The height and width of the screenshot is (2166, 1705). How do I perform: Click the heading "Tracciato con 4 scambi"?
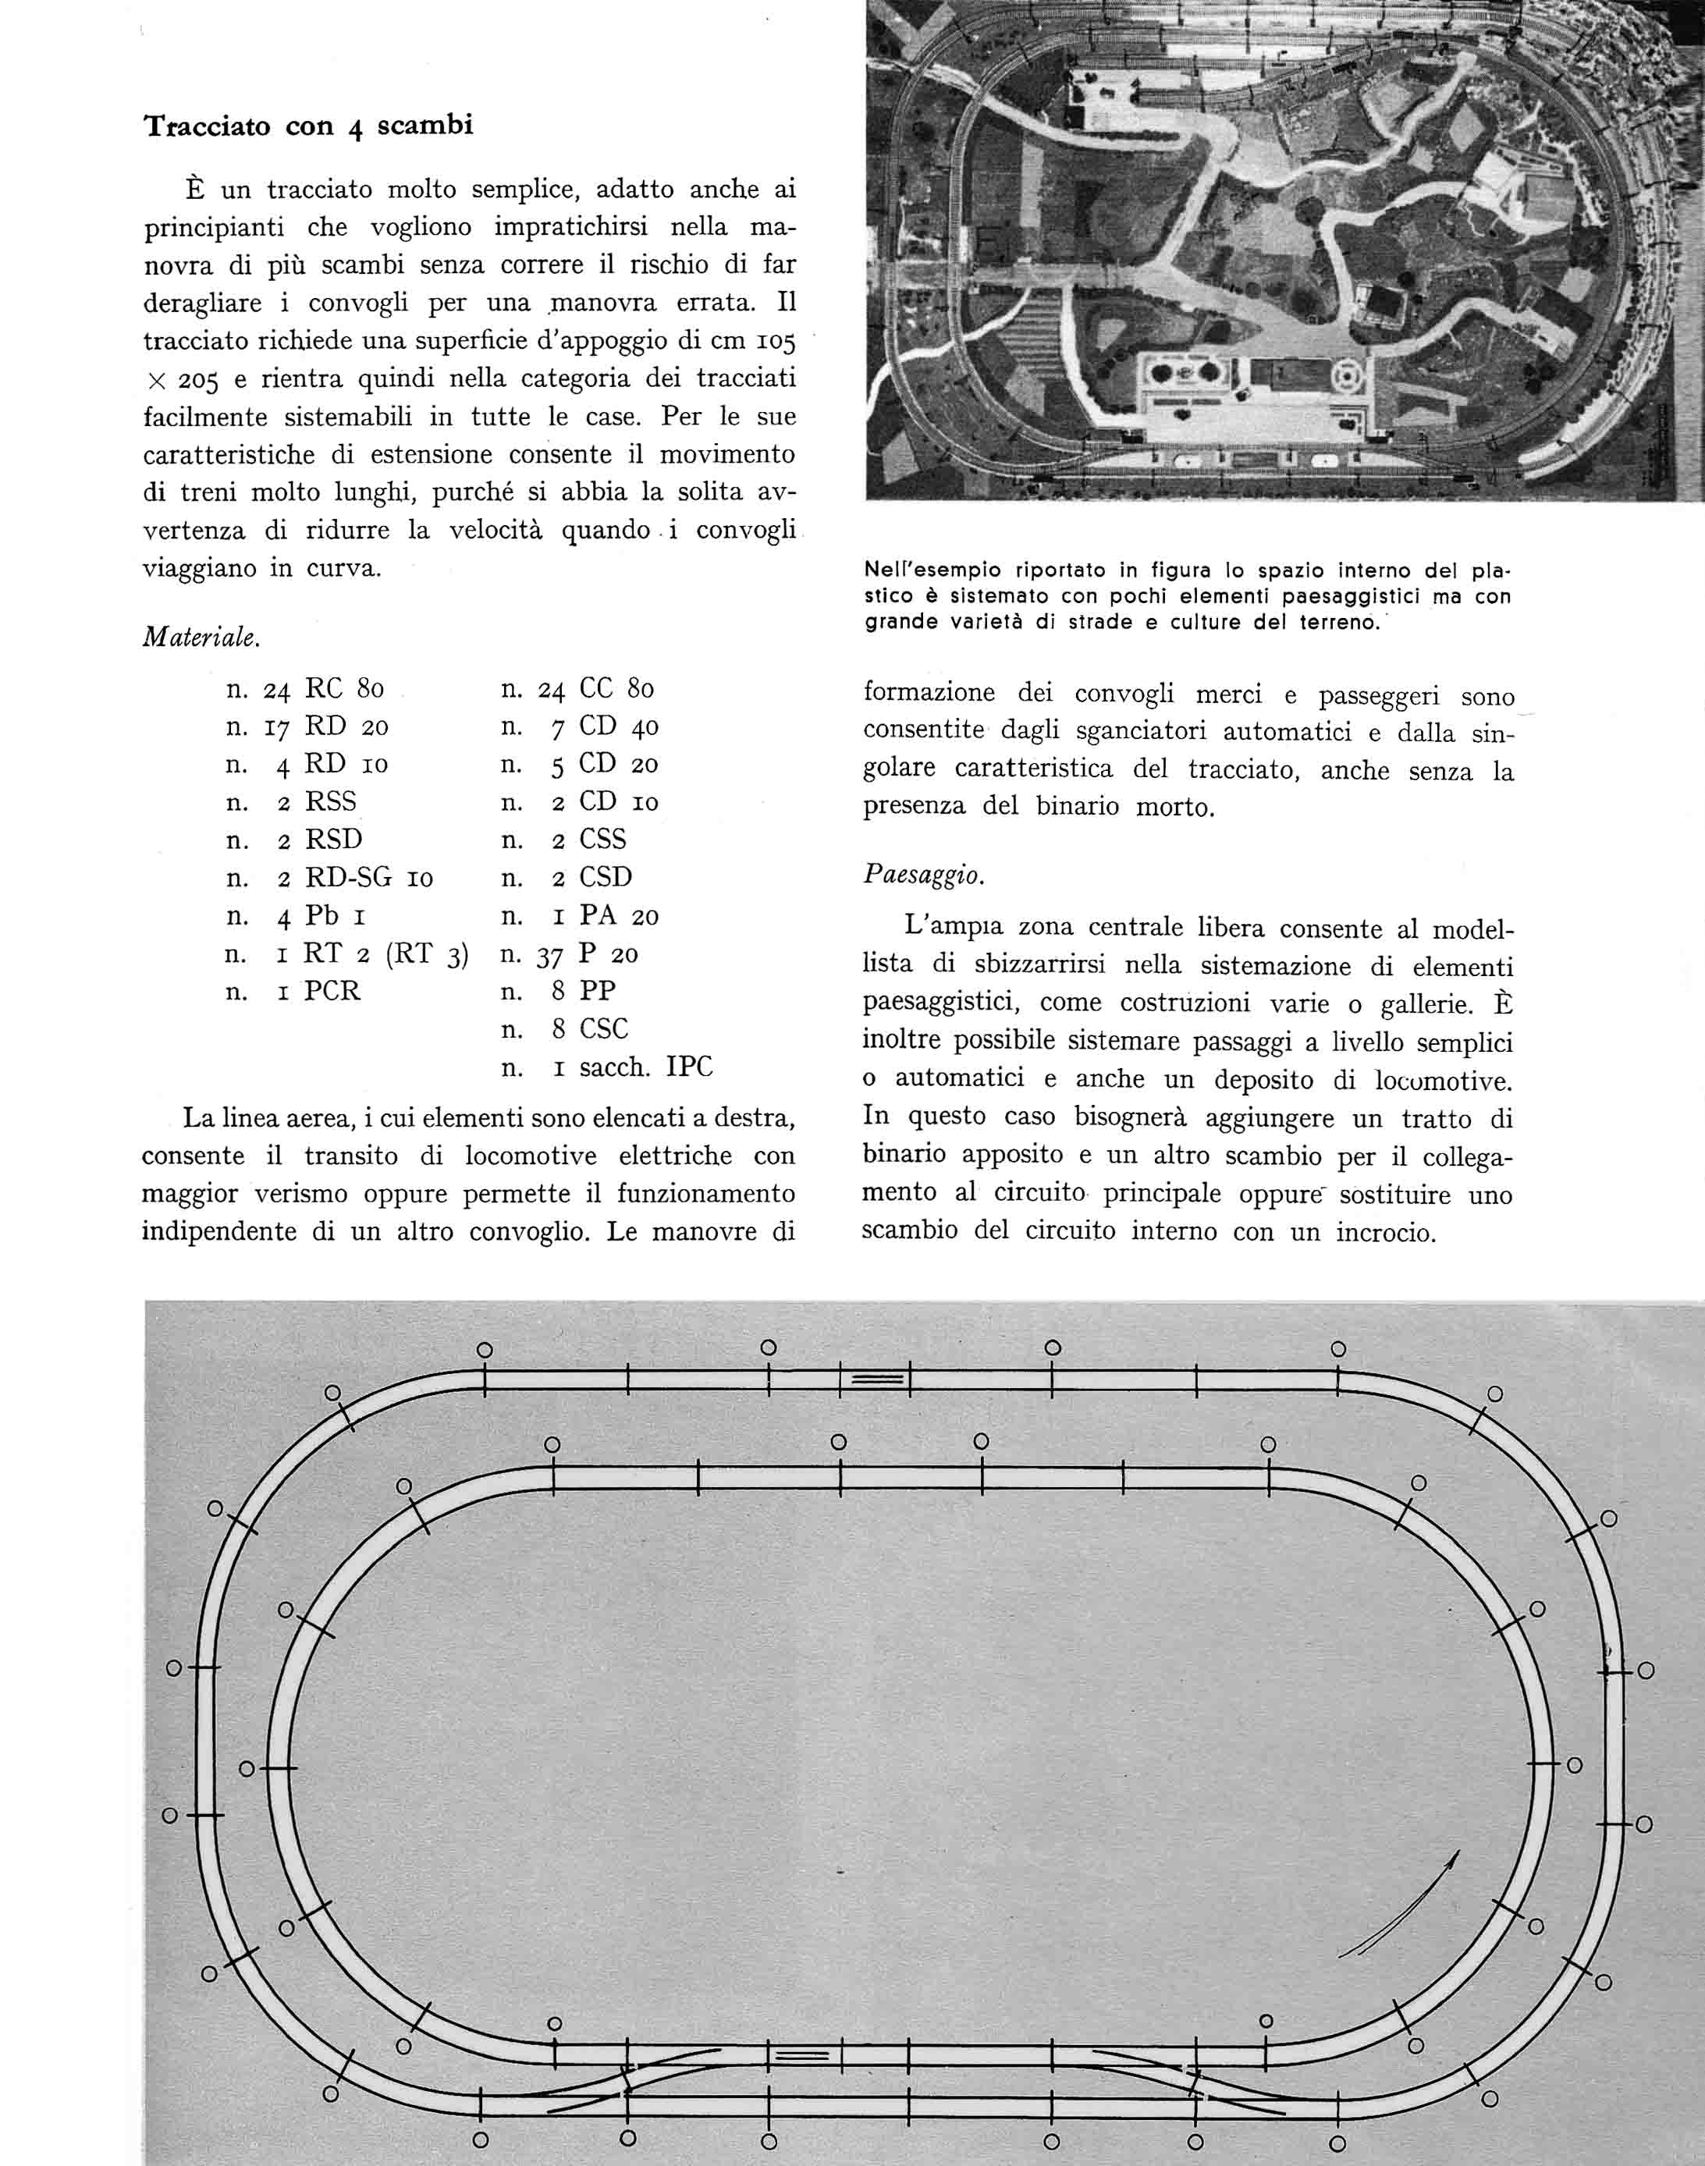pos(308,126)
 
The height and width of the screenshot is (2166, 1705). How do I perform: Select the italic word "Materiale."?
pos(201,637)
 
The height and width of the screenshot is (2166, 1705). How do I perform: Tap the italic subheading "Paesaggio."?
pos(923,875)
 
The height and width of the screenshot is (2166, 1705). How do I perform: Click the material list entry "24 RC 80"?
pos(305,689)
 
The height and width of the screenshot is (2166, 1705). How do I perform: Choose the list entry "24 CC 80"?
pos(578,689)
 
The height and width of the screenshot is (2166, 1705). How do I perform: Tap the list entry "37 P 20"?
pos(570,954)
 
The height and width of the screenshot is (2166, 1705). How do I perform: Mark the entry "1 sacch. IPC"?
pos(607,1067)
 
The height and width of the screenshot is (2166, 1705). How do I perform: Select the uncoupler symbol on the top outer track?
pos(876,1379)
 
